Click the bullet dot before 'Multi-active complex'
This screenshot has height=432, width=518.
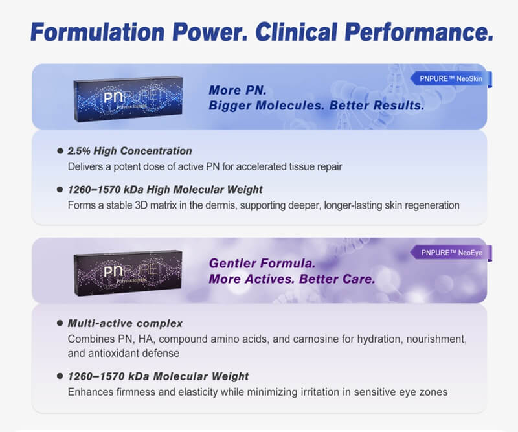click(60, 323)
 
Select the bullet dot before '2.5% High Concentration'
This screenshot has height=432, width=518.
click(60, 151)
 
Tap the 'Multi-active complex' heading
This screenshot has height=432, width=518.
click(125, 323)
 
